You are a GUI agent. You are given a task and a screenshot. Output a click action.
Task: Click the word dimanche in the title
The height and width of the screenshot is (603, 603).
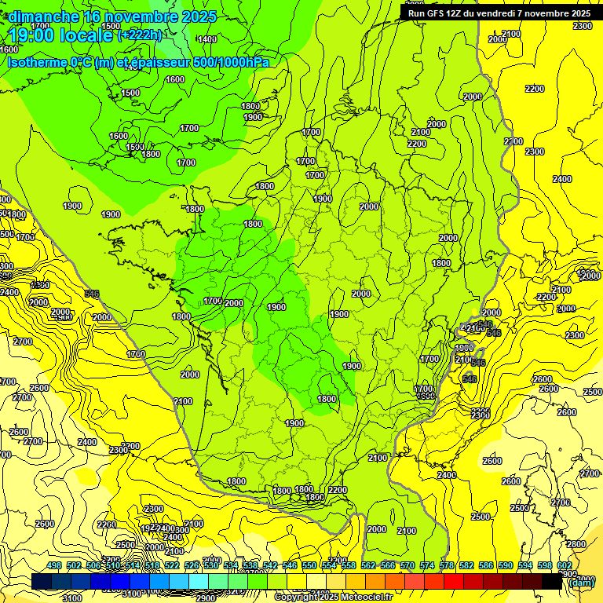44,16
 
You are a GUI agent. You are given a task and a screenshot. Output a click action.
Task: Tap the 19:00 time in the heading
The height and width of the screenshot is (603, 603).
31,35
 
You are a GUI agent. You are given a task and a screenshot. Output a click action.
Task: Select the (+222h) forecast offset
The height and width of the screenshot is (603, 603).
140,35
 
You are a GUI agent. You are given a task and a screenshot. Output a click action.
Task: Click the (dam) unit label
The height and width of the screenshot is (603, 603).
581,583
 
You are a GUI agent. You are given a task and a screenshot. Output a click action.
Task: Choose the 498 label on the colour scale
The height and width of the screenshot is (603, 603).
54,566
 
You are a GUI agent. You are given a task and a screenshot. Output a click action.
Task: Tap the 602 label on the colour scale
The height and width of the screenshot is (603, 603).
565,566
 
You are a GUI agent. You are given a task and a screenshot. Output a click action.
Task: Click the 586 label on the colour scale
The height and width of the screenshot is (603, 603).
486,566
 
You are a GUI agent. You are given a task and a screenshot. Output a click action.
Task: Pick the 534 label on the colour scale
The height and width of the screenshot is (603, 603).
231,566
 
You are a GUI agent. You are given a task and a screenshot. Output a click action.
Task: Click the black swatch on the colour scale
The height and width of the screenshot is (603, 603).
552,582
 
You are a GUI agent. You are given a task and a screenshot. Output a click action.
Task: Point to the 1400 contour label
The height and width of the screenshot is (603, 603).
207,39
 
